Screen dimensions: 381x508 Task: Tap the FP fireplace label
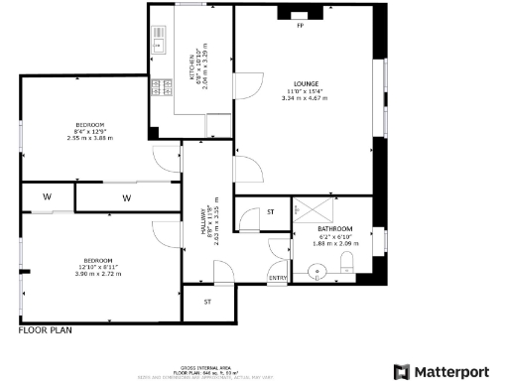click(x=300, y=26)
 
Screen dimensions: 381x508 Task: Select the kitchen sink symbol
click(x=157, y=43)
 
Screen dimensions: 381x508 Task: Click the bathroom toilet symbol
click(x=346, y=262)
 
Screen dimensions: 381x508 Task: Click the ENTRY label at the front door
click(x=278, y=278)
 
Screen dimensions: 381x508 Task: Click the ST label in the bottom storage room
click(x=207, y=302)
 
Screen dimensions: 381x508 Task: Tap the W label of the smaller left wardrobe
click(x=47, y=196)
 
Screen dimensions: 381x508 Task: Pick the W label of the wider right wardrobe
click(x=126, y=197)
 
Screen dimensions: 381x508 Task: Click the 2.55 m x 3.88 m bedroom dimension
click(x=89, y=138)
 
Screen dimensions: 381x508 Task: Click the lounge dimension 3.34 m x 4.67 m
click(x=305, y=98)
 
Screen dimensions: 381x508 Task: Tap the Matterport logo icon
click(x=402, y=372)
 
